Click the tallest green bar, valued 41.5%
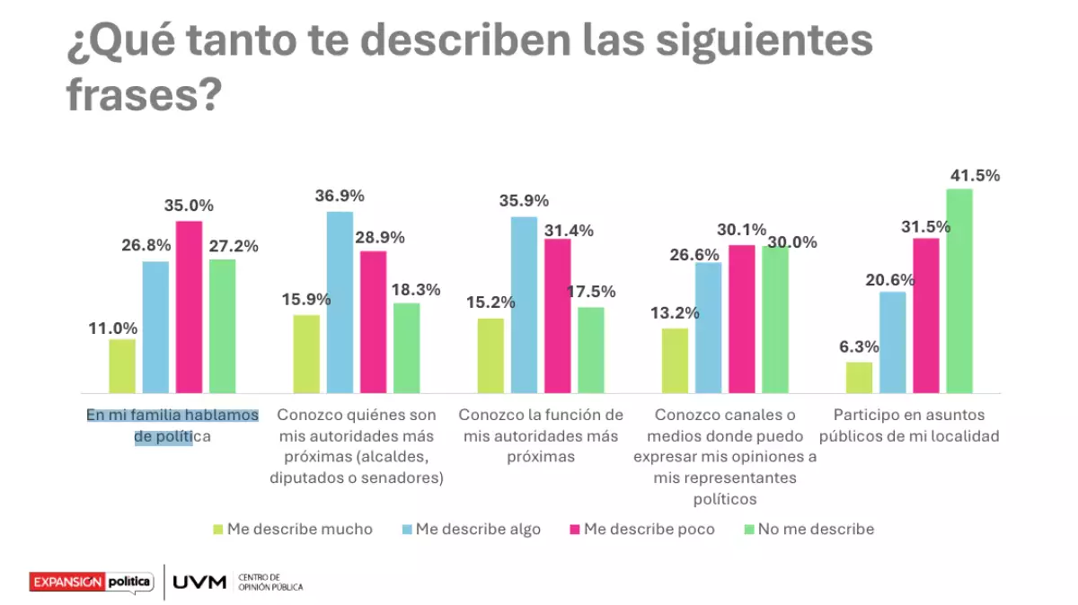[x=959, y=291]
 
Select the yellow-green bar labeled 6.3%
[x=860, y=378]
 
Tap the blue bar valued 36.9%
[x=340, y=302]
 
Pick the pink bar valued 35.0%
[x=189, y=307]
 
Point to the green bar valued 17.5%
[x=591, y=350]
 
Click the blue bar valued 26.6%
[x=708, y=328]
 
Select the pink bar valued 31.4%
[x=558, y=316]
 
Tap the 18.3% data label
[x=416, y=290]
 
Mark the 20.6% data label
[x=890, y=280]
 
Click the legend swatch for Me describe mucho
[x=216, y=530]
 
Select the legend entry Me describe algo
[x=478, y=530]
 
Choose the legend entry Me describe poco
[x=649, y=530]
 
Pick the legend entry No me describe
[x=815, y=530]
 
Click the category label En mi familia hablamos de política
[x=172, y=426]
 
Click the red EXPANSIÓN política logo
[x=91, y=582]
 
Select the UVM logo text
[x=199, y=583]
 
